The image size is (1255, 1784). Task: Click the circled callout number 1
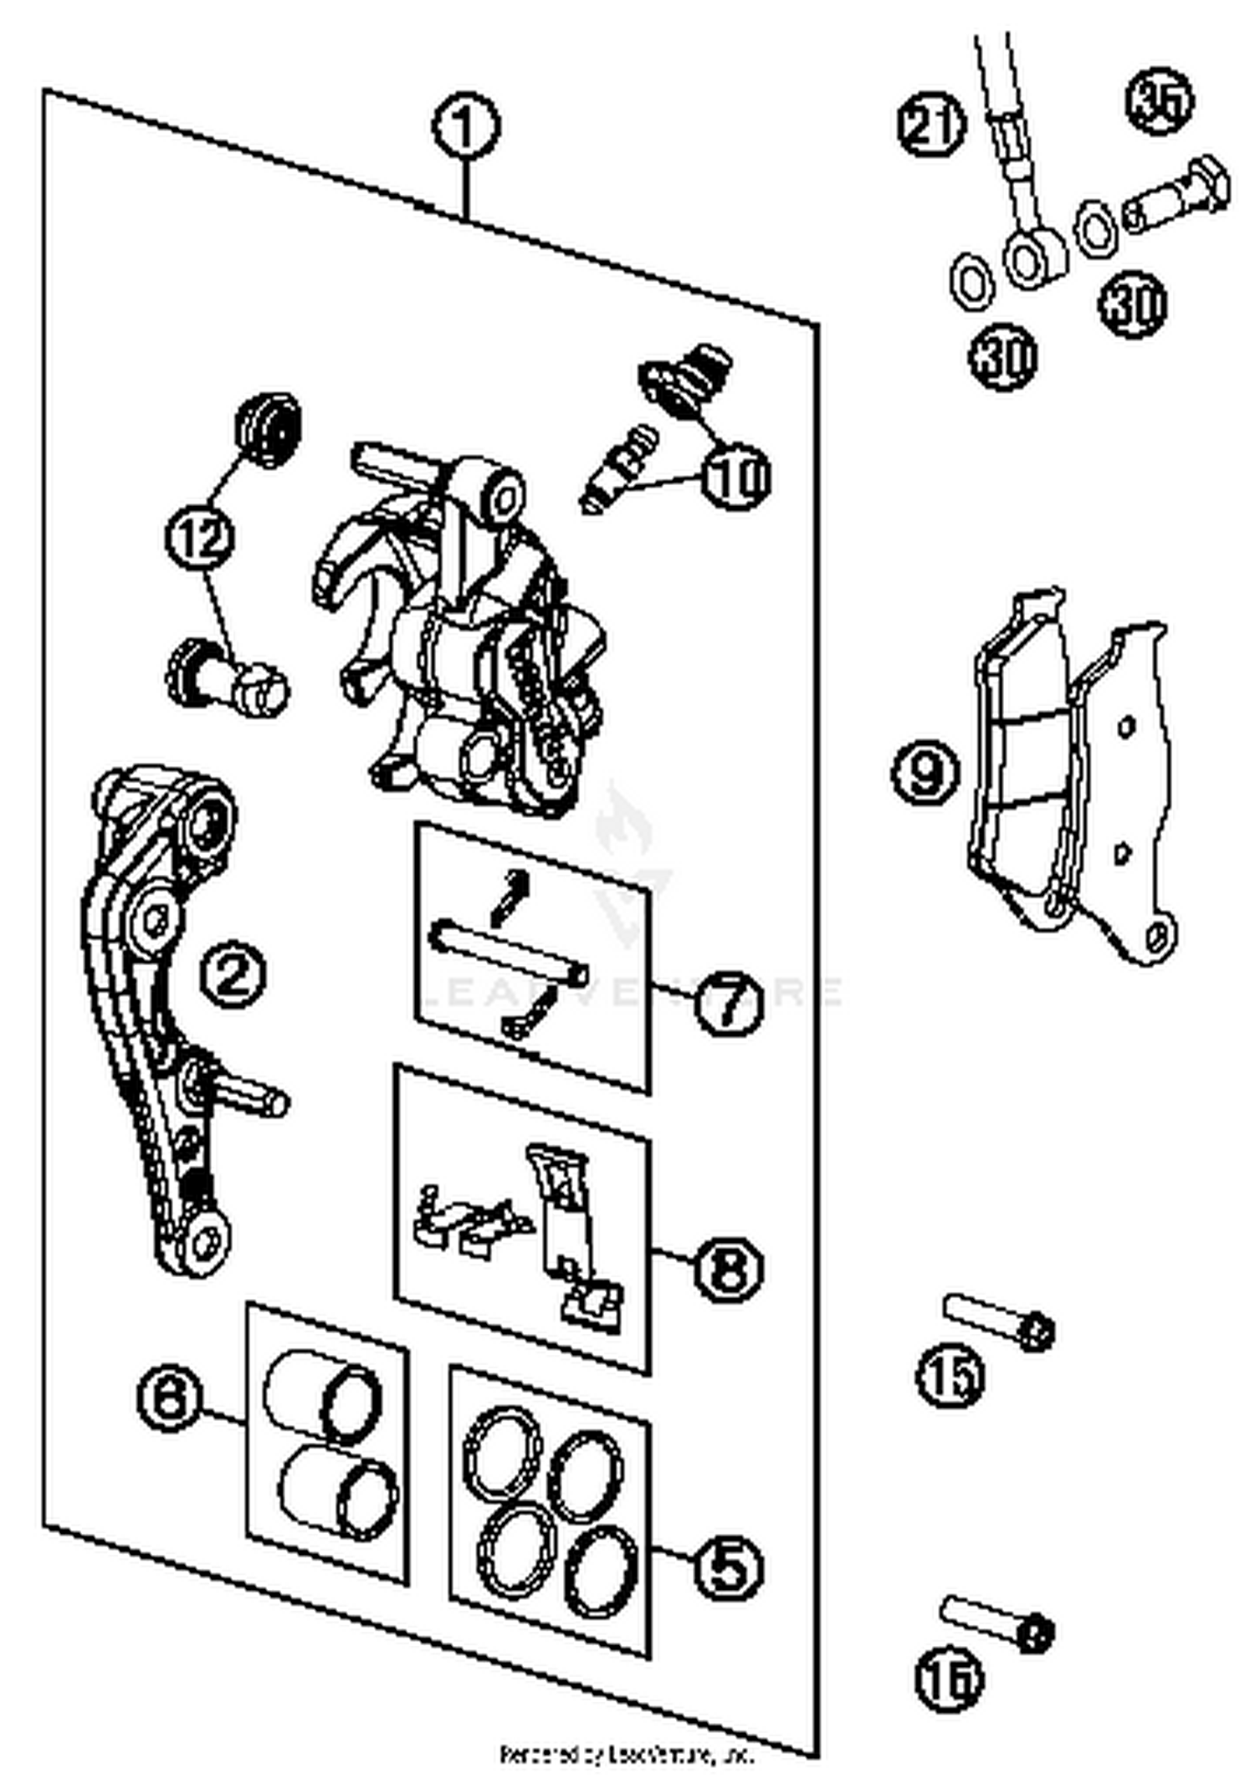[466, 127]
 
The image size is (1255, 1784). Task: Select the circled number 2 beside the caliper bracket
[233, 974]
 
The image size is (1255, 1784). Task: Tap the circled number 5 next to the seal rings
[728, 1567]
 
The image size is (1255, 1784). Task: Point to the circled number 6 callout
[170, 1397]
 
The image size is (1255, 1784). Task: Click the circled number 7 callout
[728, 1002]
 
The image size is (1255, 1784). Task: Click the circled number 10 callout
[735, 477]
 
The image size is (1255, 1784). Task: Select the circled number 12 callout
[201, 536]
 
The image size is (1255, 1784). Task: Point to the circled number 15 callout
[950, 1373]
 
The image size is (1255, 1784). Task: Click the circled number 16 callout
[948, 1678]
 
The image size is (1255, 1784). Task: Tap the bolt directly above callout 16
[996, 1620]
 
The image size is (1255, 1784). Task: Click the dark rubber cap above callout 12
[269, 429]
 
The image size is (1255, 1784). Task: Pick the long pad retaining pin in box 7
[509, 949]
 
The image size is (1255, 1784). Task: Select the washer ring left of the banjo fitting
[972, 282]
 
